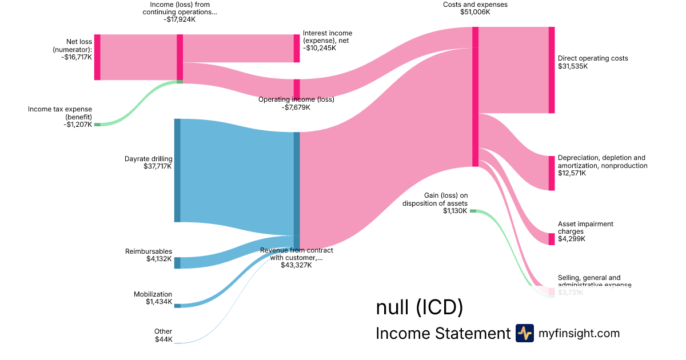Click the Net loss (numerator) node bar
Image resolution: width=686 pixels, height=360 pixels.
(97, 57)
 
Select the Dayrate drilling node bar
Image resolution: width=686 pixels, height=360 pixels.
(177, 170)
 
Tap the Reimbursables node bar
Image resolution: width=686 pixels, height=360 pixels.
(177, 263)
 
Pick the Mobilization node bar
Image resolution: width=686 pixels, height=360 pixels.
(177, 306)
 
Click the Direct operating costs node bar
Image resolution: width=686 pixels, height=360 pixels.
(552, 70)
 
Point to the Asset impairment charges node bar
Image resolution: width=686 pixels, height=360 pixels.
(552, 239)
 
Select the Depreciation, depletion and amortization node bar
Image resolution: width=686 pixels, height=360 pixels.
(552, 173)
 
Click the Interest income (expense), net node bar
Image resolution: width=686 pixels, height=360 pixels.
(297, 49)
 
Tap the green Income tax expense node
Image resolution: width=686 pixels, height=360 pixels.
(97, 124)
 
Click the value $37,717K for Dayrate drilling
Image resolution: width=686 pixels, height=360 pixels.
(158, 166)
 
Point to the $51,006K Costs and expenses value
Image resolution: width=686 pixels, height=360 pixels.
(474, 12)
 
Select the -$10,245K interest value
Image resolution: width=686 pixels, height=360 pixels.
(320, 48)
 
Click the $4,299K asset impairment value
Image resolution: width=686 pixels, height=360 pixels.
(572, 239)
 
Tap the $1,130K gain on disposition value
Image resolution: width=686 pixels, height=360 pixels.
(455, 211)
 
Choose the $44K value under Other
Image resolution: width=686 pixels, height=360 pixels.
(163, 339)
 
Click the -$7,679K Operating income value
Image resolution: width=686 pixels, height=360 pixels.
(296, 107)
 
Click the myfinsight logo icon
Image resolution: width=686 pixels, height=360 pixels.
(524, 333)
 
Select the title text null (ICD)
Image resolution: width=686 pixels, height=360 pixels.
(419, 307)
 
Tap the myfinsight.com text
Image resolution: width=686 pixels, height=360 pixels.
(579, 333)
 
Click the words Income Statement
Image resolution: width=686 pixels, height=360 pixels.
(442, 333)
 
